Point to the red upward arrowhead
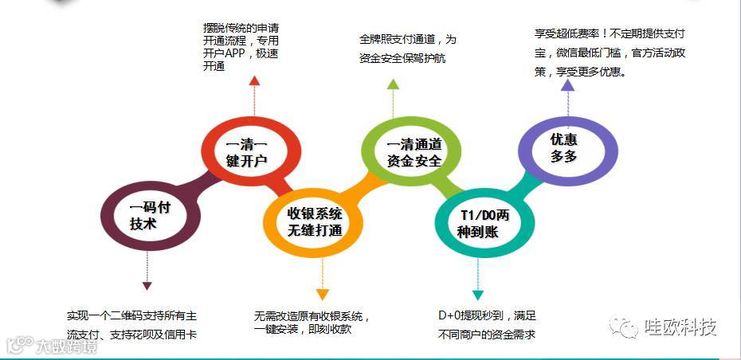tap(253, 80)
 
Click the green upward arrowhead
tap(393, 84)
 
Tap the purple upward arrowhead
tap(567, 84)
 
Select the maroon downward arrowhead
tap(147, 284)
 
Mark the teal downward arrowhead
tap(477, 294)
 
